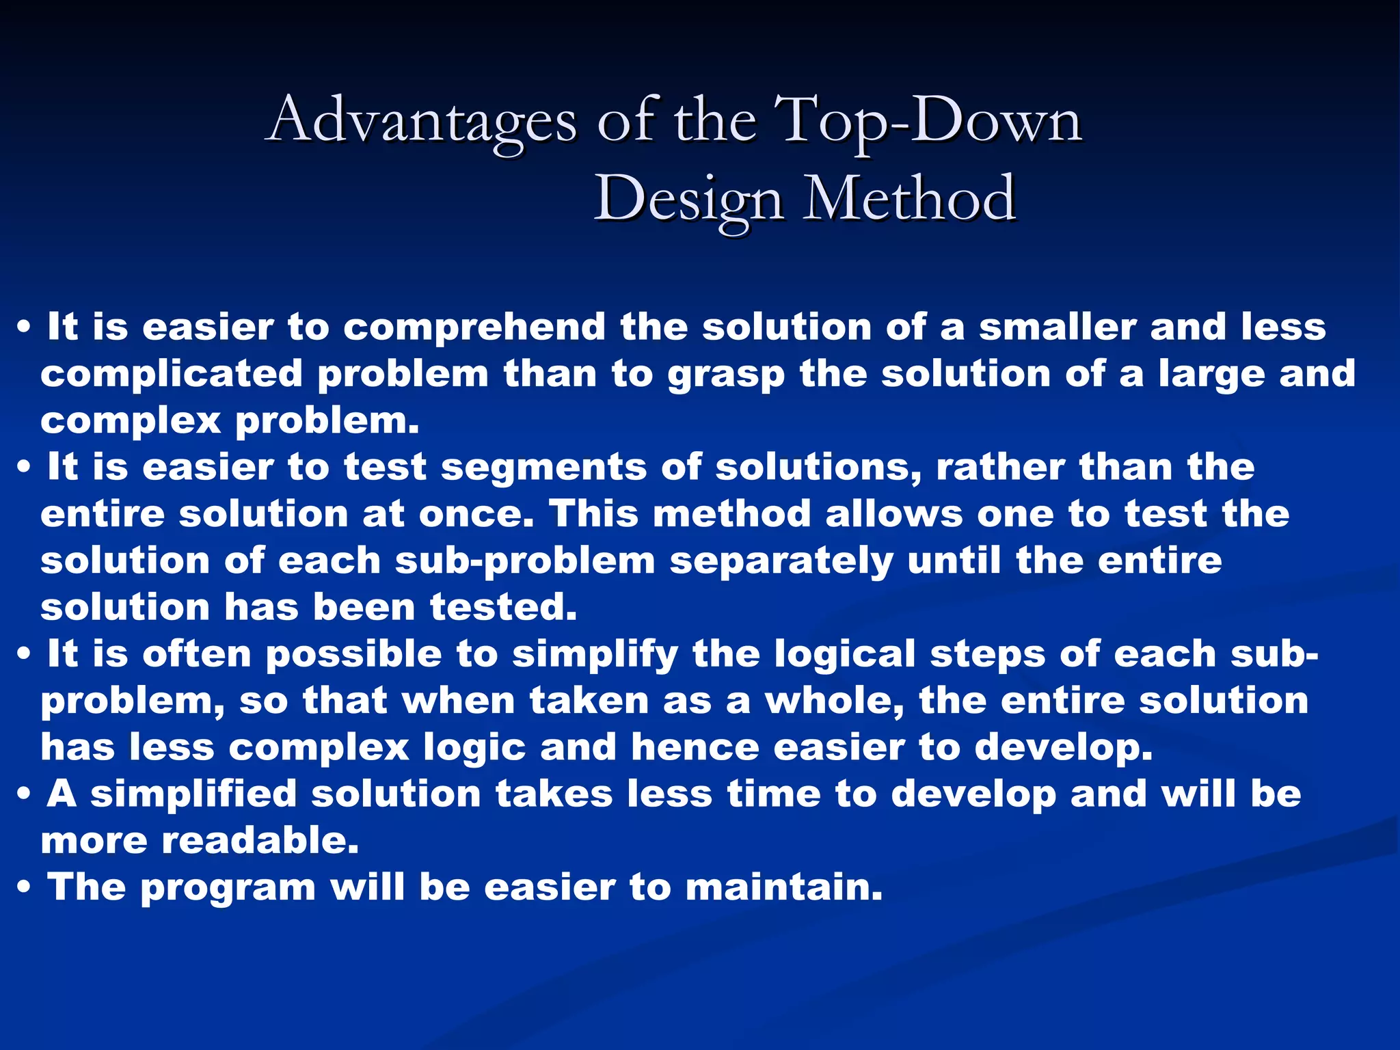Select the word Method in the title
[x=909, y=199]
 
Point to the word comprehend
[x=474, y=327]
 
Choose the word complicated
[x=172, y=374]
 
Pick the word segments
[x=543, y=468]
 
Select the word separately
[x=781, y=561]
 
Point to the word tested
[x=503, y=607]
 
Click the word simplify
[x=595, y=655]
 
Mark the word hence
[x=695, y=746]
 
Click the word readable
[x=260, y=840]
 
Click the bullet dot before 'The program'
[x=24, y=888]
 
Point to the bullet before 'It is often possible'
[x=24, y=655]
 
